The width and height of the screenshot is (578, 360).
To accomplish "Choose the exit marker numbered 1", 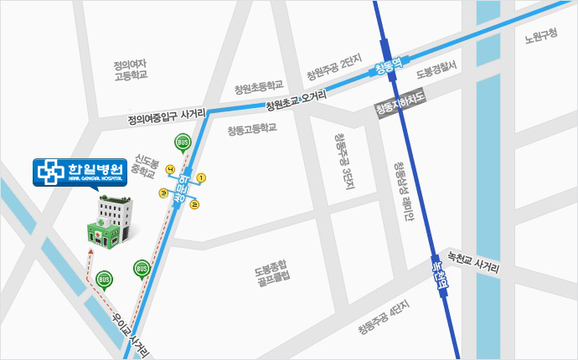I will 201,177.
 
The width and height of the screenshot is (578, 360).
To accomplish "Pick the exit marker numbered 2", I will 194,203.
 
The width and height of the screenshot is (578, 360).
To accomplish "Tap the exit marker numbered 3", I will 164,193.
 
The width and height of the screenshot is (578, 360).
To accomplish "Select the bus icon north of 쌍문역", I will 182,141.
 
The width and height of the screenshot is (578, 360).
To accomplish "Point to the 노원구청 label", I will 540,36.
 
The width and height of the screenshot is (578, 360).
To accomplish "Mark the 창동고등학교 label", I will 251,130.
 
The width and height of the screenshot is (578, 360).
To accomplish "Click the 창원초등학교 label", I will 259,86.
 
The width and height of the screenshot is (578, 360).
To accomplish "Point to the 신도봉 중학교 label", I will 145,167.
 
